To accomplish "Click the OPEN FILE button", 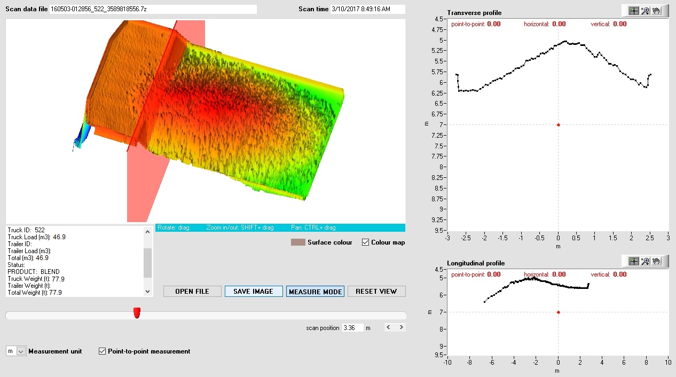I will [193, 291].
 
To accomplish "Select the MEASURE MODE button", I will [315, 292].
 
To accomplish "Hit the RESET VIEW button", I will [376, 291].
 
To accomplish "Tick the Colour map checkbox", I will [366, 242].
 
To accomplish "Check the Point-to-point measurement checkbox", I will [103, 351].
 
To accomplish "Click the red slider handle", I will [137, 313].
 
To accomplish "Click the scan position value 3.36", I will [352, 327].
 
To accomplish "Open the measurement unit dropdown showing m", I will [21, 351].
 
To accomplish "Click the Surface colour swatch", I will [298, 242].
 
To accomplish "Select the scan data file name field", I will [153, 9].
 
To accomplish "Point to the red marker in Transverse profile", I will [559, 125].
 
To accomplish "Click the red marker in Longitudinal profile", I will [559, 312].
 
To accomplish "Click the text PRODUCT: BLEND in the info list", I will [34, 272].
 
